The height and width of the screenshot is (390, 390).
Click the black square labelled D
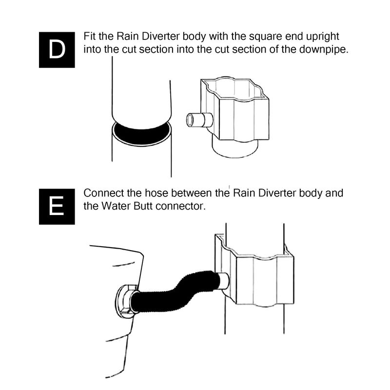click(57, 50)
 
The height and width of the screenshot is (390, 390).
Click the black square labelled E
click(57, 206)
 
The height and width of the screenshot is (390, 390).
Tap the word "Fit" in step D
click(90, 36)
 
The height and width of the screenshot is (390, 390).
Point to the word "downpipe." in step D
click(324, 50)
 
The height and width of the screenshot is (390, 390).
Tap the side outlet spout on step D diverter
click(199, 119)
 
